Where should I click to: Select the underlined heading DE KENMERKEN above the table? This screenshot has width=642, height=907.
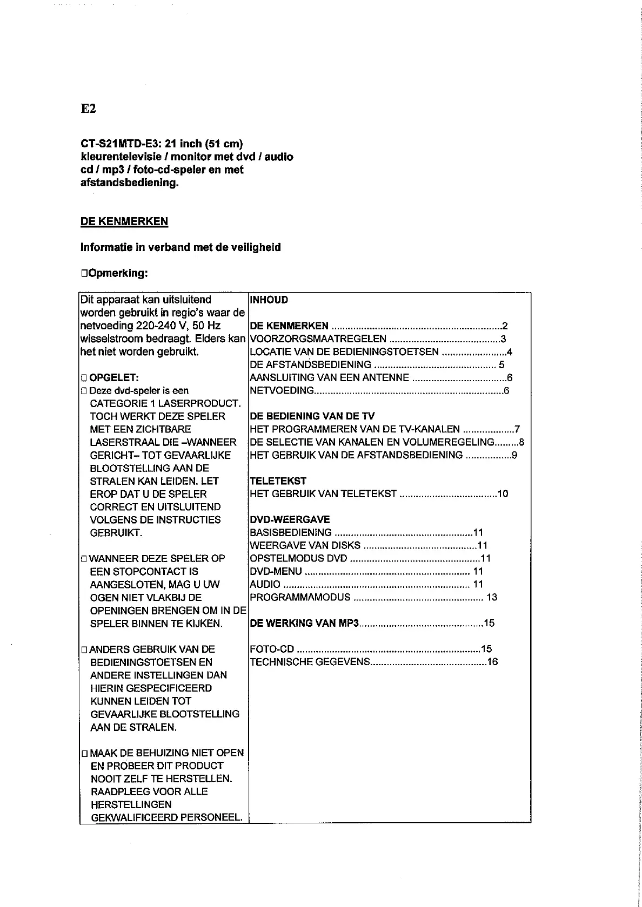(x=124, y=221)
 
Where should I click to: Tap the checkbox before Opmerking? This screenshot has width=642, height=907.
(x=84, y=274)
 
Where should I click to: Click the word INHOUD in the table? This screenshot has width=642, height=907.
(x=269, y=300)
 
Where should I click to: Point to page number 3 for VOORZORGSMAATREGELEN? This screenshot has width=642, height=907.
(x=503, y=339)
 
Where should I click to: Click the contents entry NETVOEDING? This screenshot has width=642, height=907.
(x=282, y=391)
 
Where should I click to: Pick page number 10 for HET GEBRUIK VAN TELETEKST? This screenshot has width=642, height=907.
(x=503, y=494)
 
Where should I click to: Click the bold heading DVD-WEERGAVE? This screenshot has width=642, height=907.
(x=290, y=520)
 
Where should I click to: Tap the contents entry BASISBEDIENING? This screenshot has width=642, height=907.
(x=291, y=533)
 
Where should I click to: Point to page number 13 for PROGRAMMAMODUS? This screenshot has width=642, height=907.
(x=492, y=598)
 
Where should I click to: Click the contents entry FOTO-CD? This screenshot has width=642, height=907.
(x=272, y=649)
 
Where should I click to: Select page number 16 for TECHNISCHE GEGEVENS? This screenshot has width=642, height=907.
(x=492, y=662)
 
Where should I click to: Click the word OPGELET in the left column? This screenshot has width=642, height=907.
(x=110, y=378)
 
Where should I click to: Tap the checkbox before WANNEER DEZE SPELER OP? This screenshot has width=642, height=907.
(x=84, y=559)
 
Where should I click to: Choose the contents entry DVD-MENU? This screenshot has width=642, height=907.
(x=276, y=572)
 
